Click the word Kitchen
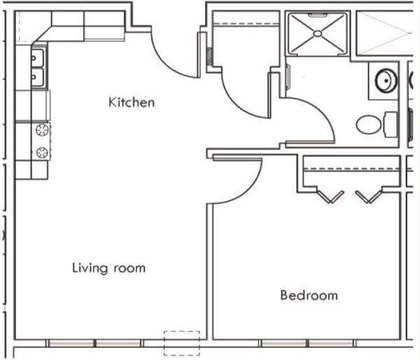click(132, 102)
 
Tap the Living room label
click(108, 268)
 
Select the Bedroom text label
click(309, 295)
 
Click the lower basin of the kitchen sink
click(38, 76)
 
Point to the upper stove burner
click(41, 130)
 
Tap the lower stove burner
click(41, 151)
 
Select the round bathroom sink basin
click(384, 81)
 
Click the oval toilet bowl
click(368, 125)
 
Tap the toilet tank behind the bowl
click(390, 125)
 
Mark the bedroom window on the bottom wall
click(307, 343)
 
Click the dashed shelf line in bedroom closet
click(353, 169)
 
